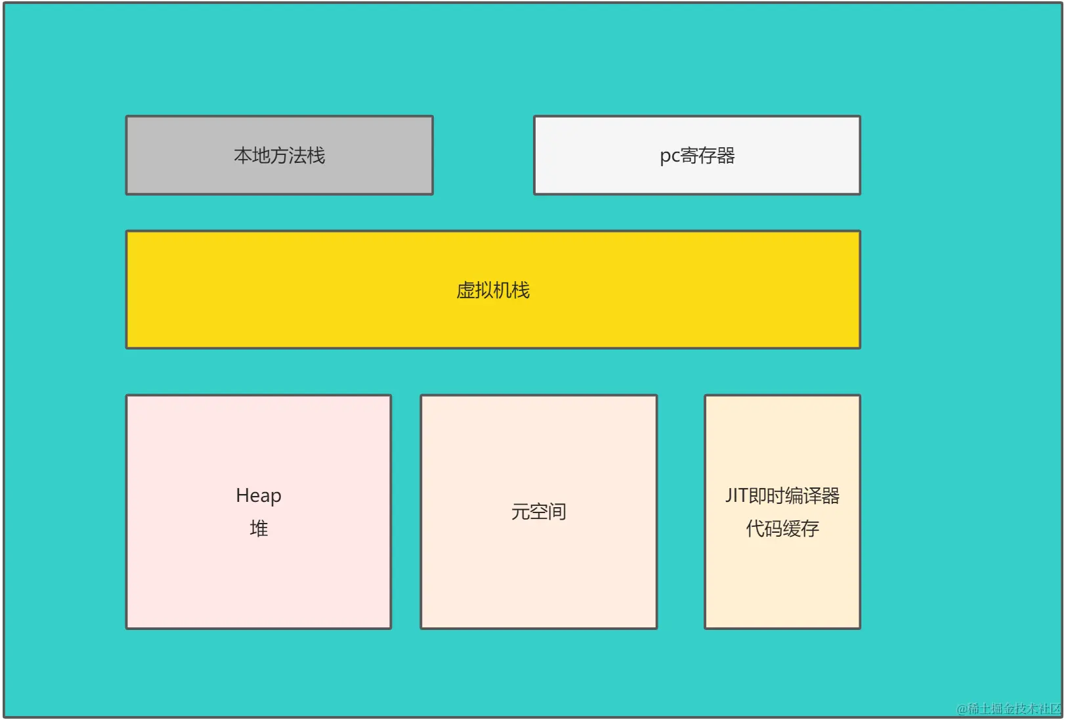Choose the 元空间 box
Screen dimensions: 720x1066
click(538, 578)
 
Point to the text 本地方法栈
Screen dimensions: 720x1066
click(280, 156)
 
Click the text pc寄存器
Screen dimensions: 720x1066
click(697, 156)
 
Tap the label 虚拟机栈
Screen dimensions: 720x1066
click(493, 290)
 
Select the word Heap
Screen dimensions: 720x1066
click(259, 495)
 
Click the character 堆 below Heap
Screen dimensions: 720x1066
click(259, 528)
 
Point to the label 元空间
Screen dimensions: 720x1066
click(538, 511)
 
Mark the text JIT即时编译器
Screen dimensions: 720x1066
click(782, 495)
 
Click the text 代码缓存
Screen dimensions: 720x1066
click(782, 528)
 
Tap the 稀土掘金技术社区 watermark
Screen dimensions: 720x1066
click(1009, 708)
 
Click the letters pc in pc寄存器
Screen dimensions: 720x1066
click(669, 156)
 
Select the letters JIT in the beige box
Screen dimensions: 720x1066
click(736, 495)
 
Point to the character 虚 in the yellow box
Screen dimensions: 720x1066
click(465, 290)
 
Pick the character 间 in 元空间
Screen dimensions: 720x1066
click(557, 511)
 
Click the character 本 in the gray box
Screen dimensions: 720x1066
click(243, 156)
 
